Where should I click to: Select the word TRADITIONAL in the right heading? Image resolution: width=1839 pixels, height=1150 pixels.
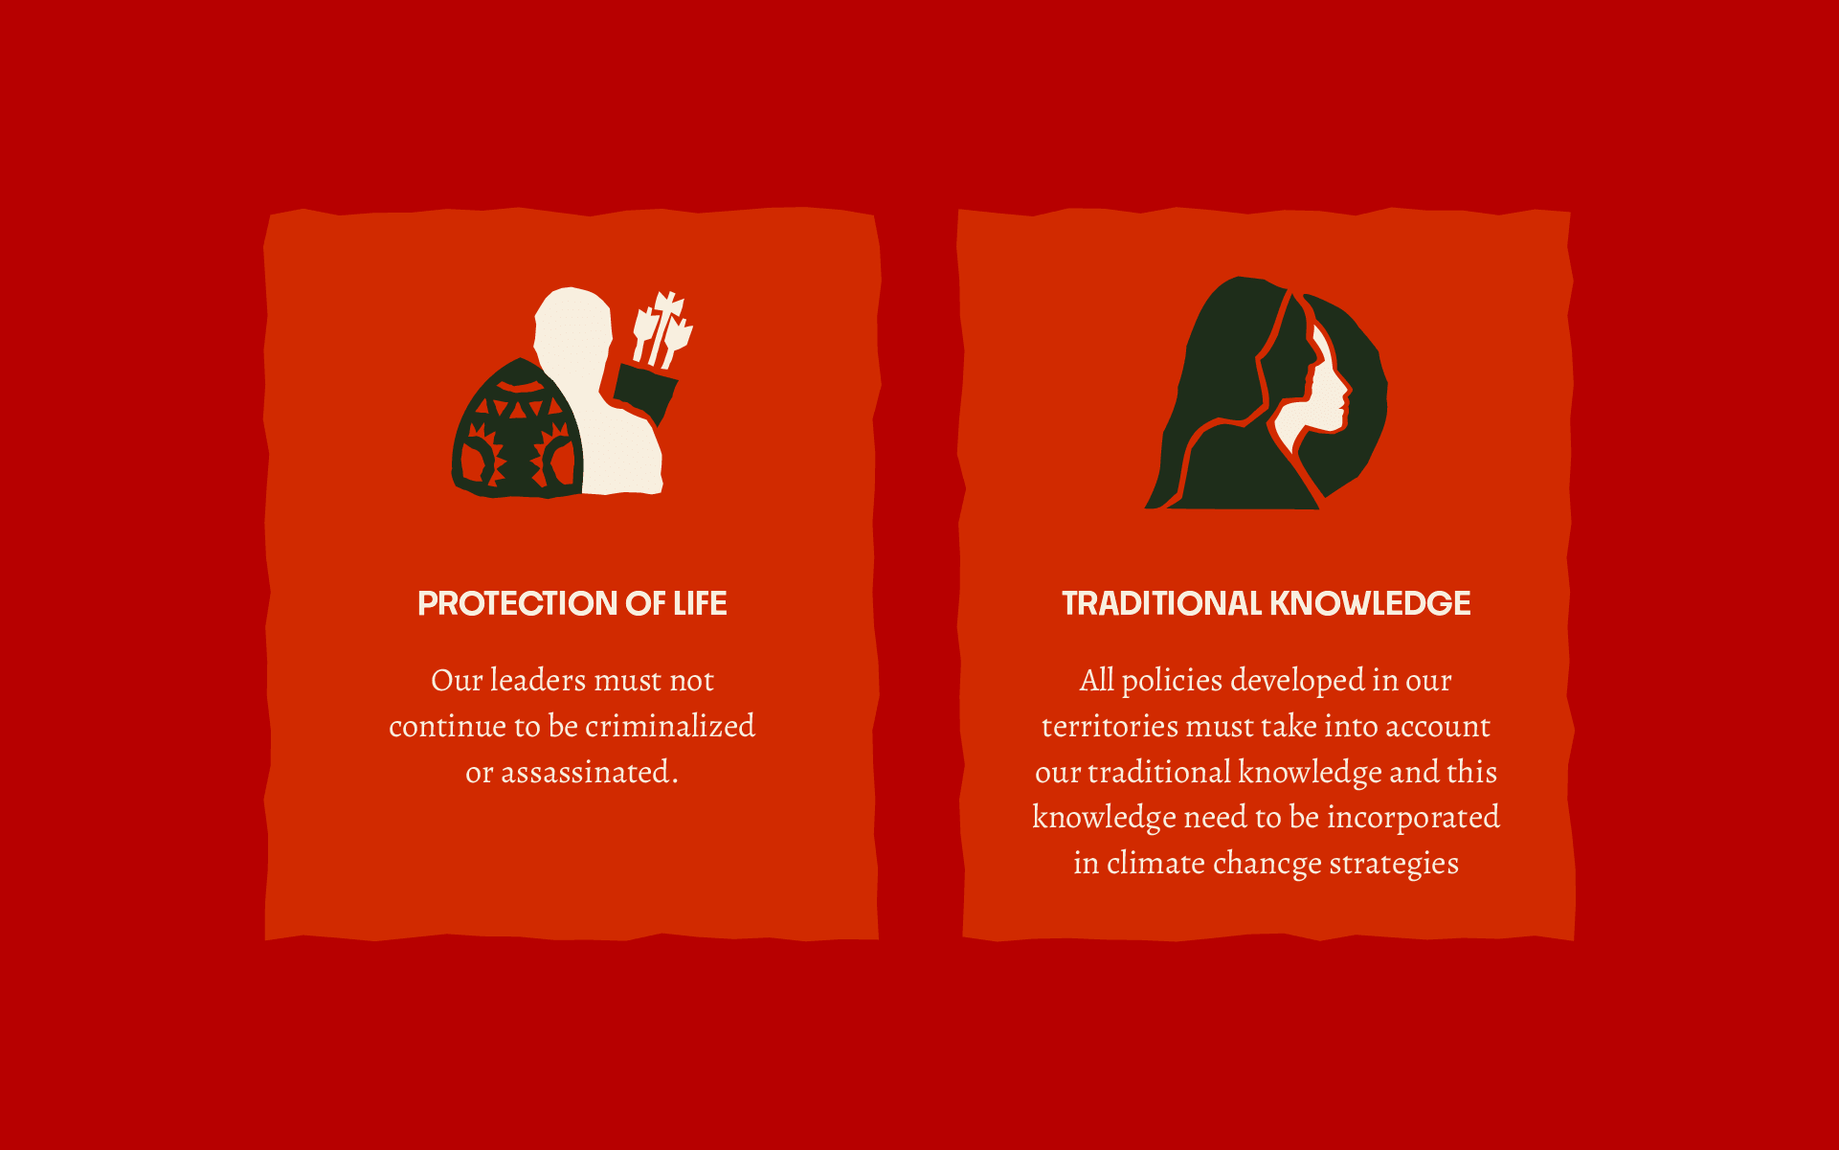(1162, 603)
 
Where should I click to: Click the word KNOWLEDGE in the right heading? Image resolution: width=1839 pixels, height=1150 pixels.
(1370, 603)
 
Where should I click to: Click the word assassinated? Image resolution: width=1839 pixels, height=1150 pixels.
(590, 772)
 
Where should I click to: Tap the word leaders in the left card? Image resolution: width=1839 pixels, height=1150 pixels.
(537, 680)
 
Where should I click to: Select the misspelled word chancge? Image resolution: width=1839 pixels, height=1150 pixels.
(1267, 864)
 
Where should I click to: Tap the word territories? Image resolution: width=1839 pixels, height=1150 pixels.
(1110, 726)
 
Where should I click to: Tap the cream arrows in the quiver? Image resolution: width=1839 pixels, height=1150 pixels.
(662, 327)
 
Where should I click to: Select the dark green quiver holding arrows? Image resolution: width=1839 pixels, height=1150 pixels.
(646, 393)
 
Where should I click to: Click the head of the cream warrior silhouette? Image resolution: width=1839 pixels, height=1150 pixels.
(572, 321)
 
